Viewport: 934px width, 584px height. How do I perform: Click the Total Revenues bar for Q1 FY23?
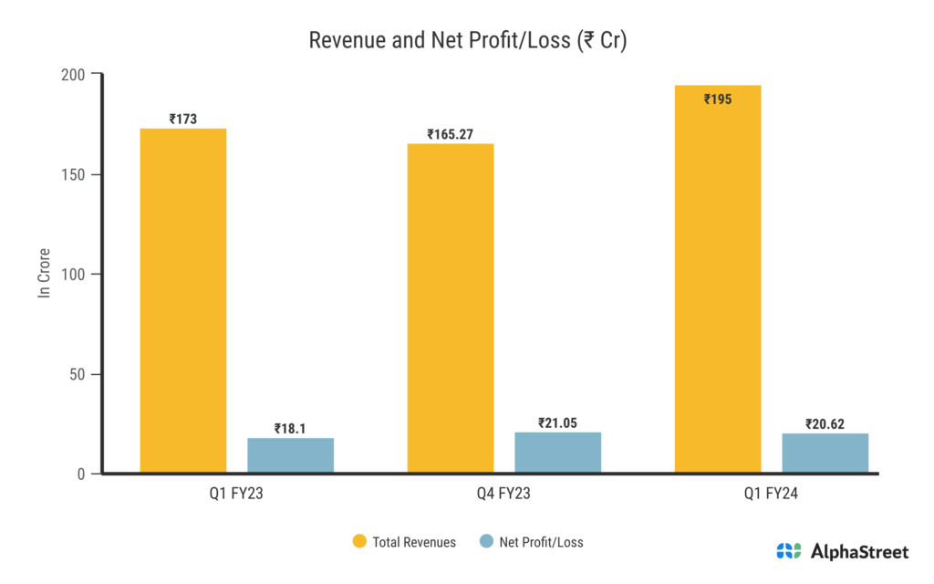click(x=182, y=301)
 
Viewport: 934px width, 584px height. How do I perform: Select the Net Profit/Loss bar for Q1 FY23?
click(x=290, y=455)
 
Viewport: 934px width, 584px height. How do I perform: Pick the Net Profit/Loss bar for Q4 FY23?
click(x=558, y=453)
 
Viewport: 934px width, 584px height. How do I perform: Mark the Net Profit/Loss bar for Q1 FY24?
click(x=825, y=454)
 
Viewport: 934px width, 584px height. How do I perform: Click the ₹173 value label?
click(x=182, y=119)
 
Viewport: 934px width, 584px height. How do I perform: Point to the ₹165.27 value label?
click(x=451, y=134)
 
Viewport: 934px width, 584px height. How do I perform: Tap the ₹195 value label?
click(x=718, y=99)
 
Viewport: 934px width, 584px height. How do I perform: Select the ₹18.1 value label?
click(x=290, y=428)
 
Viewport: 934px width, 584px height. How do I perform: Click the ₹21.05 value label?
click(x=558, y=422)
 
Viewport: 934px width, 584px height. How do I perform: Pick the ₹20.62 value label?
click(x=825, y=423)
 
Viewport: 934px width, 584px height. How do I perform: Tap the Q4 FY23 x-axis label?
click(x=504, y=495)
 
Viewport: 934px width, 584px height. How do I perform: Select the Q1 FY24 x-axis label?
click(x=772, y=495)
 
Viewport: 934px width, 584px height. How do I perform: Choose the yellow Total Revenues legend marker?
click(x=359, y=542)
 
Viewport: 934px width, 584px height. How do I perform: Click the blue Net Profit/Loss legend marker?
click(x=484, y=542)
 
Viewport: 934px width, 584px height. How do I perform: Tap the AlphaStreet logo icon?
click(x=789, y=551)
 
